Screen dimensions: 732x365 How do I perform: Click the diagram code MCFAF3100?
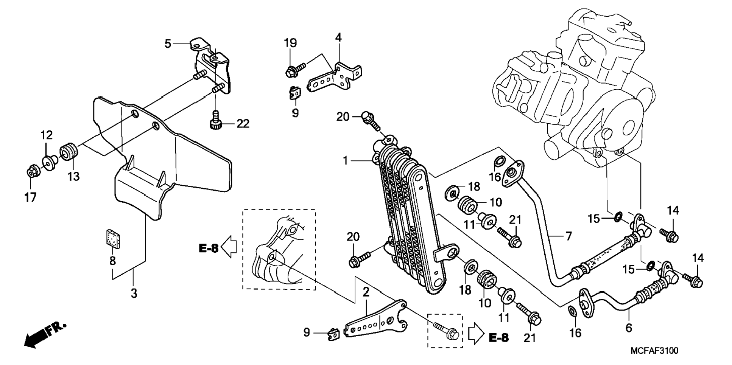tap(654, 351)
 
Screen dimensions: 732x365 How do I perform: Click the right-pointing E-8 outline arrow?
tap(477, 334)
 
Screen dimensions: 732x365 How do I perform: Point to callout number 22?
tap(243, 123)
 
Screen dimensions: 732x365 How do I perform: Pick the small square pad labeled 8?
tap(112, 238)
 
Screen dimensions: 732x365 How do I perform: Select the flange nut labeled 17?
tap(31, 173)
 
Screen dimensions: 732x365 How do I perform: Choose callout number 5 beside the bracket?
tap(168, 43)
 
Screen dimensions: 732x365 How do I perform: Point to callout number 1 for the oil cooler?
tap(345, 161)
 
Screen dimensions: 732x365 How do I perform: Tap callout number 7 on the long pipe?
tap(568, 236)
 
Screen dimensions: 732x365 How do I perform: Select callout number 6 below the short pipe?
tap(629, 327)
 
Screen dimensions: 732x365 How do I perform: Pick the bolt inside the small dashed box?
tap(446, 331)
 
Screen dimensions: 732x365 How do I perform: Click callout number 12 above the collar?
tap(47, 135)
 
